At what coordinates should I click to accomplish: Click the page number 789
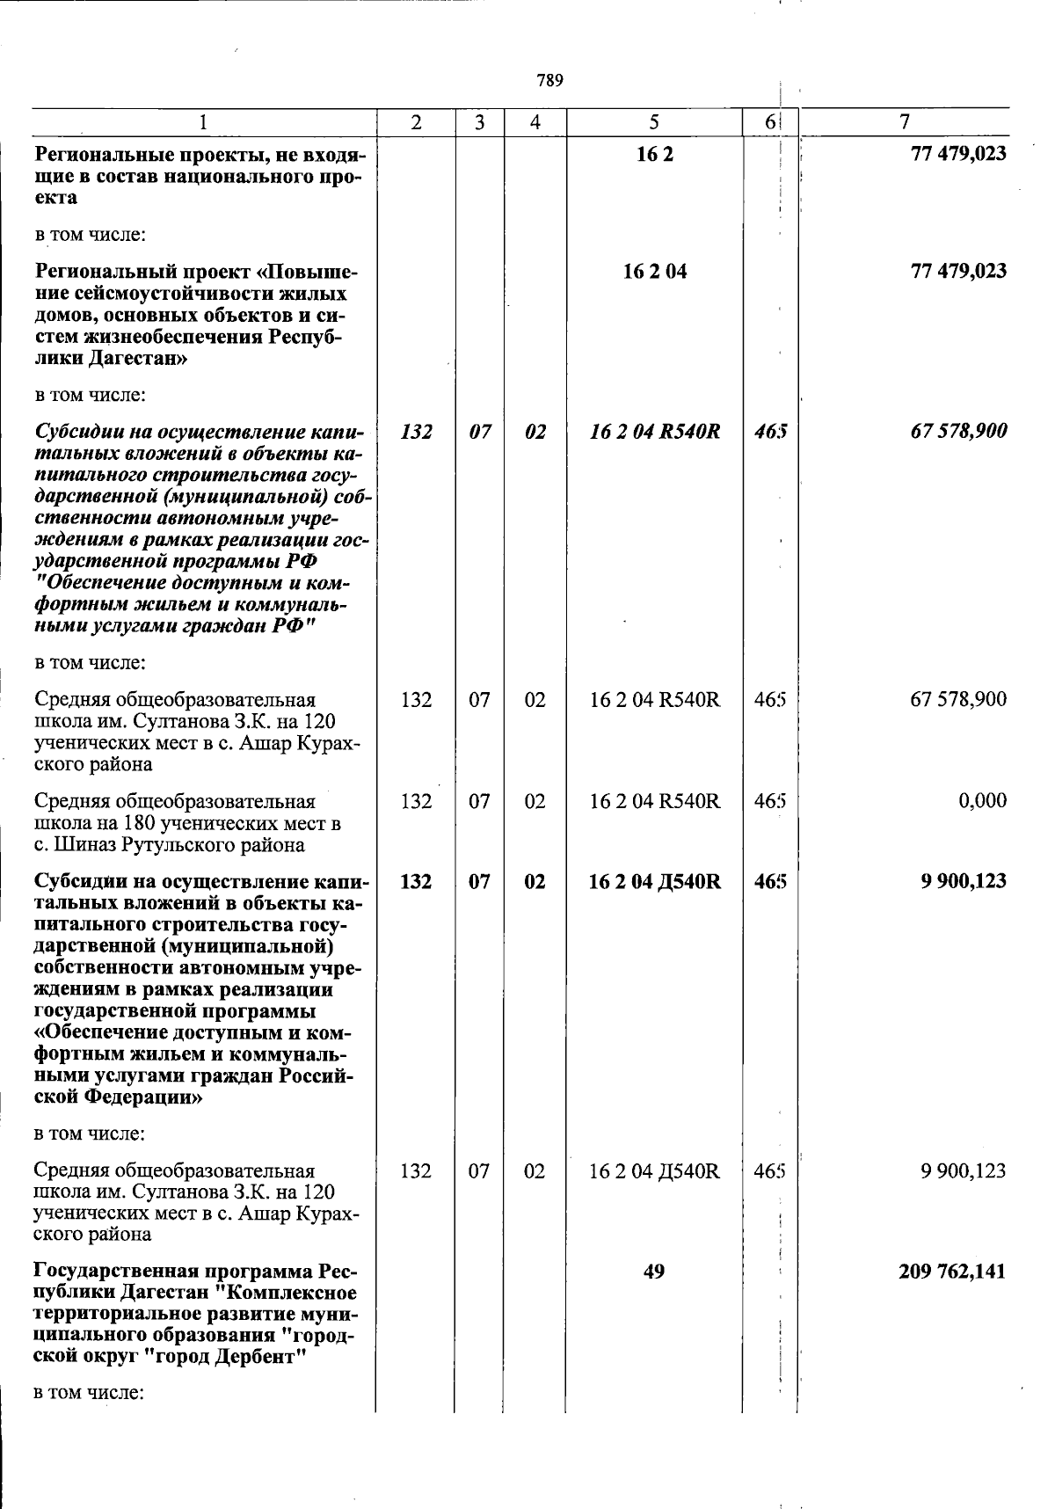(549, 81)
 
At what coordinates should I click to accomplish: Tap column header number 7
(905, 122)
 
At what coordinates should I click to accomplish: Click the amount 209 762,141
(952, 1272)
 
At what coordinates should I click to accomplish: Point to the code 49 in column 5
(654, 1272)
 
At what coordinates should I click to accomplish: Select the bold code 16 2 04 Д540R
(655, 881)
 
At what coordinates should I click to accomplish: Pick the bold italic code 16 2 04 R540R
(655, 432)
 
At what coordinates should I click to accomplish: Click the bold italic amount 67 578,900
(958, 432)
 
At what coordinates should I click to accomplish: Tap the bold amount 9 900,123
(964, 881)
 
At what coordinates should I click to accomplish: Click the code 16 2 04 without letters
(655, 271)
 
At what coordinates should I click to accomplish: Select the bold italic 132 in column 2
(416, 432)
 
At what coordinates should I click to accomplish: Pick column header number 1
(203, 123)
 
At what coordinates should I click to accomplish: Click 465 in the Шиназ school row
(770, 801)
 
